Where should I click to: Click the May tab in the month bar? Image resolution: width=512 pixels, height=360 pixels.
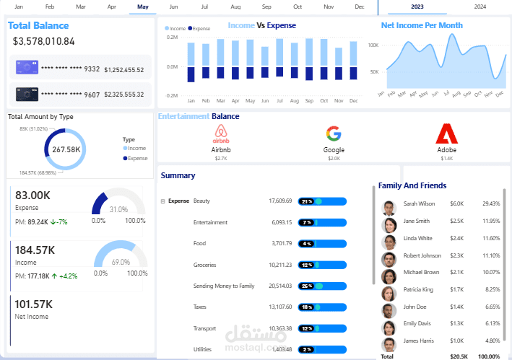click(142, 6)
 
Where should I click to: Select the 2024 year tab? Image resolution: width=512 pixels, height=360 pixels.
click(480, 6)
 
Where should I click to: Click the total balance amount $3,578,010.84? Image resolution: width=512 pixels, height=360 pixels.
click(44, 41)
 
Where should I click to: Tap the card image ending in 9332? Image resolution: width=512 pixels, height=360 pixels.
click(27, 69)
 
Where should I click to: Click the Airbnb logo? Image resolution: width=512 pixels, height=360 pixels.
click(220, 133)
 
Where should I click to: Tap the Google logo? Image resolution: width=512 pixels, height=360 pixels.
click(333, 133)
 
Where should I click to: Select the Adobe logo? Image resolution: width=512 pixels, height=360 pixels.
click(446, 134)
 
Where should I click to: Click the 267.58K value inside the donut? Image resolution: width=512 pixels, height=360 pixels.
click(66, 149)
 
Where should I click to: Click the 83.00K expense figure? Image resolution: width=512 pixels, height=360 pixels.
click(33, 195)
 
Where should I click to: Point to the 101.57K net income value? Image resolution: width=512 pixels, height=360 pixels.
click(34, 304)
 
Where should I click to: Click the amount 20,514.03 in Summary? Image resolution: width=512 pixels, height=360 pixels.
click(279, 286)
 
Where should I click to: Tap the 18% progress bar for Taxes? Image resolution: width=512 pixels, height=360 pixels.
click(324, 307)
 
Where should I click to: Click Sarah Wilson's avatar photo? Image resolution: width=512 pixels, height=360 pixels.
click(390, 208)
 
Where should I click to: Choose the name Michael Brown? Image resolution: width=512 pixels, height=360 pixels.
click(421, 272)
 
